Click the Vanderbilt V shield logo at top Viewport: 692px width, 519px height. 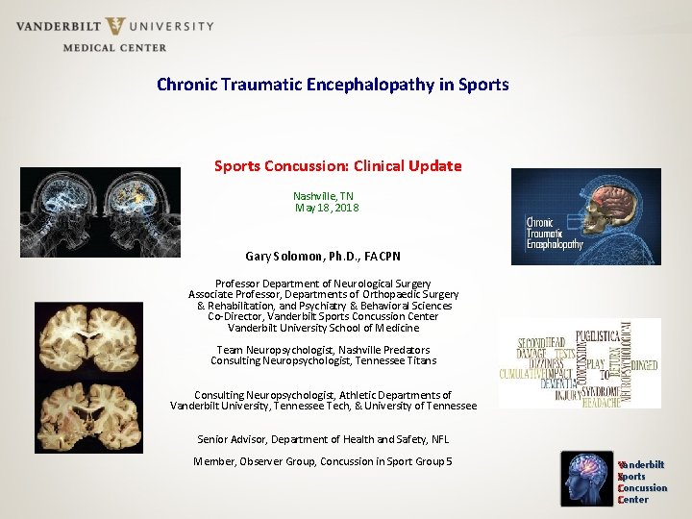(x=116, y=26)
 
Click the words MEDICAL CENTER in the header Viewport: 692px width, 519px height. (x=114, y=47)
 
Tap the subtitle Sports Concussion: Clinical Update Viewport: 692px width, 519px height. (x=337, y=165)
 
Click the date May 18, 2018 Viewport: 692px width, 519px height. (x=326, y=208)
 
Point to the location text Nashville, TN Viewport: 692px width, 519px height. (x=323, y=196)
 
